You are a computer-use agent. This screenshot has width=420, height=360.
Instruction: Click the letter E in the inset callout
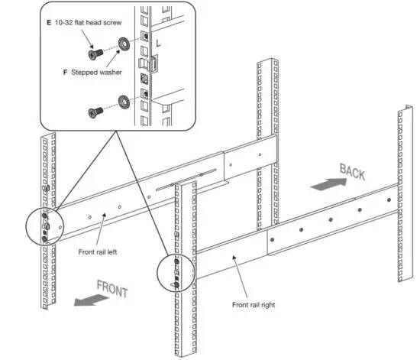coord(48,23)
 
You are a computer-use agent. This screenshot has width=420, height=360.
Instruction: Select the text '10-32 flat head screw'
coord(92,23)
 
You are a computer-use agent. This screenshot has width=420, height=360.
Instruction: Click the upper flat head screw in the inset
coord(95,51)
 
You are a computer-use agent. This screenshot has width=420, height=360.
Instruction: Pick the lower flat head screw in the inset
coord(95,112)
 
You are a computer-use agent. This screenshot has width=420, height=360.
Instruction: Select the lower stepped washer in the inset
coord(122,100)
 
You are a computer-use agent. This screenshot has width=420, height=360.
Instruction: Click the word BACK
coord(352,172)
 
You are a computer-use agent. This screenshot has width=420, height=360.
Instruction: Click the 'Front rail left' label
coord(98,250)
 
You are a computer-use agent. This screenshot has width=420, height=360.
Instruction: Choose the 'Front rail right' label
coord(258,304)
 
